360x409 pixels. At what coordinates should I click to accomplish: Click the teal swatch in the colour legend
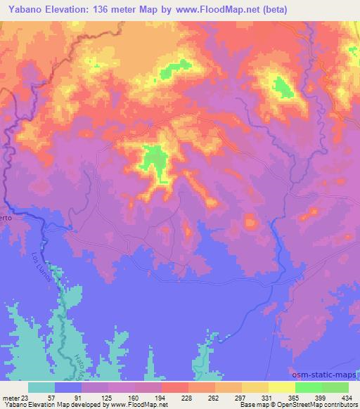41,387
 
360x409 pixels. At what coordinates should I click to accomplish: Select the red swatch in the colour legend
175,387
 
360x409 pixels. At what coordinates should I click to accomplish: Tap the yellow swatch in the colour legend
282,387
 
